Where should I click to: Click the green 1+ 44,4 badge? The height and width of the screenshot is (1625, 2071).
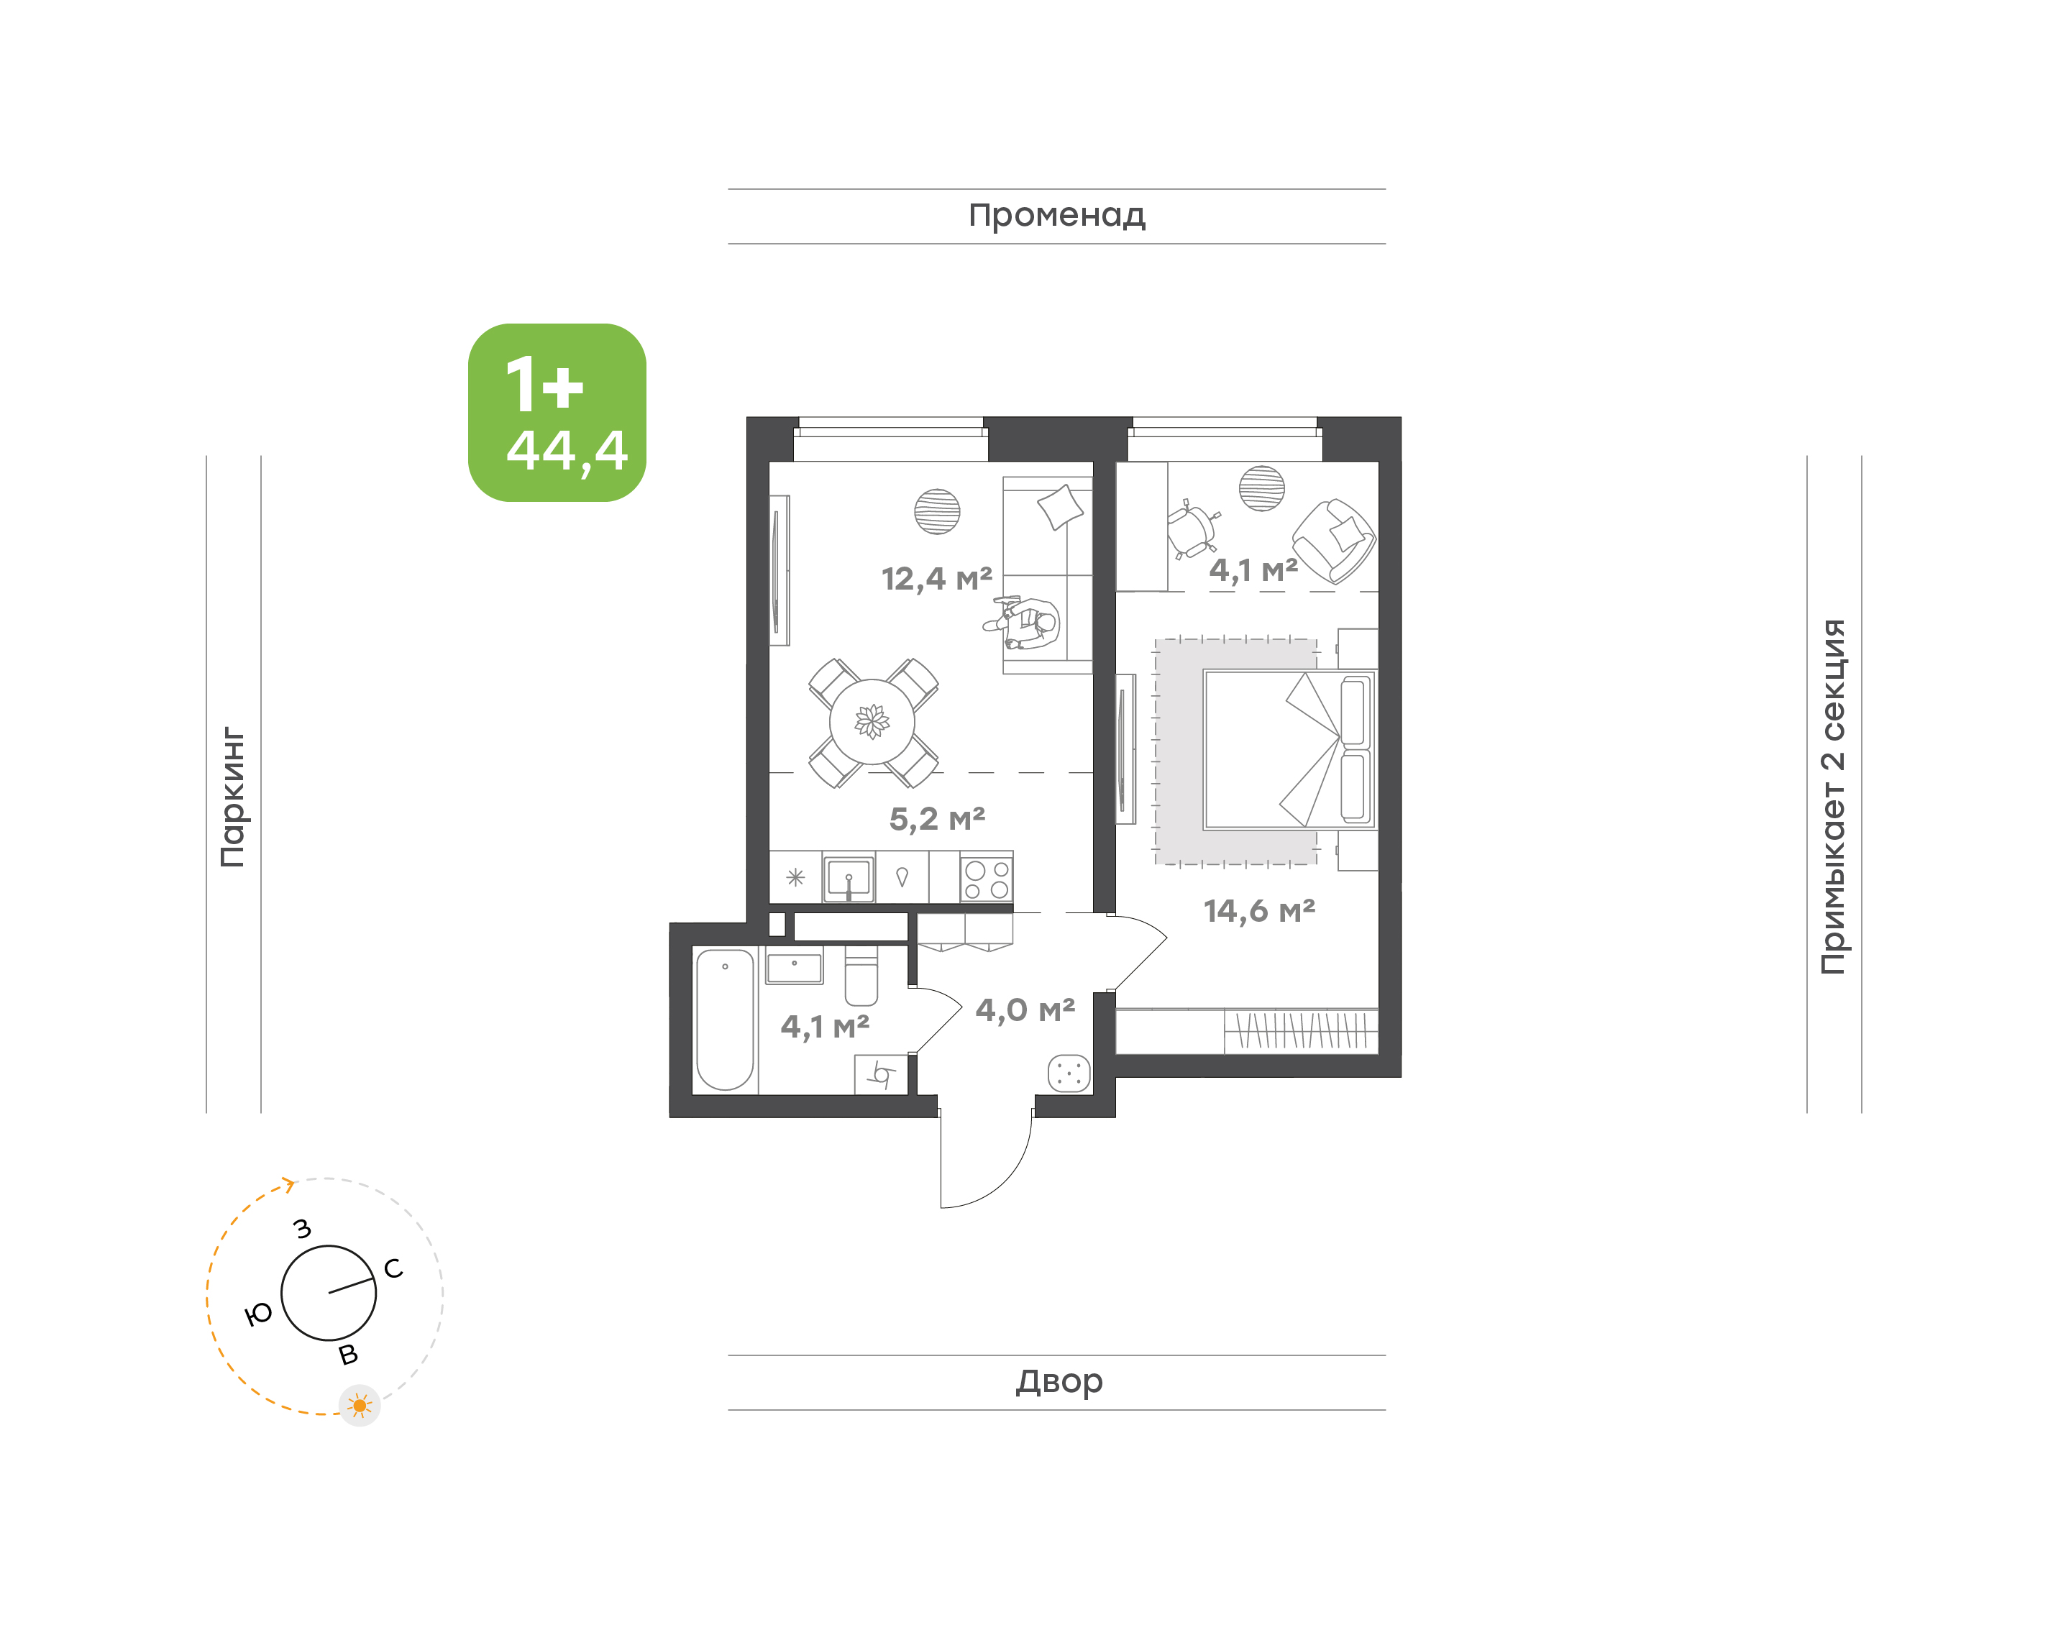[x=557, y=412]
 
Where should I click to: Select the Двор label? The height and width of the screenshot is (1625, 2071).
[x=1059, y=1381]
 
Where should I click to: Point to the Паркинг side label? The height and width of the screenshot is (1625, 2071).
[x=232, y=797]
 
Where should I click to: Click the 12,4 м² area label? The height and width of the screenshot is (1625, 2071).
[x=936, y=578]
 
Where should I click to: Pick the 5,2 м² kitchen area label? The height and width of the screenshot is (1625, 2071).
[x=937, y=818]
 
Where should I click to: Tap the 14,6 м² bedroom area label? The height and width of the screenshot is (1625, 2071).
[x=1258, y=910]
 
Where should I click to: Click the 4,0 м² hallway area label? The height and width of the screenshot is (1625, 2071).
[x=1025, y=1010]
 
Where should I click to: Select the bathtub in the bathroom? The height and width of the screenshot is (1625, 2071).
[x=725, y=1019]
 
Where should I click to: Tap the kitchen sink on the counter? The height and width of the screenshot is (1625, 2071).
[x=849, y=878]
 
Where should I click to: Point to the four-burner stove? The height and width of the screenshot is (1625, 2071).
[x=987, y=878]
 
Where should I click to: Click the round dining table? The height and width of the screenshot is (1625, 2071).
[x=872, y=721]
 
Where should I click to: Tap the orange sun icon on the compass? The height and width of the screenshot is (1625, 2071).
[x=360, y=1405]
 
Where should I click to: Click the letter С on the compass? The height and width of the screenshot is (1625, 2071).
[x=393, y=1268]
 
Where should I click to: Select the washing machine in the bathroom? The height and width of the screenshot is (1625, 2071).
[x=881, y=1075]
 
